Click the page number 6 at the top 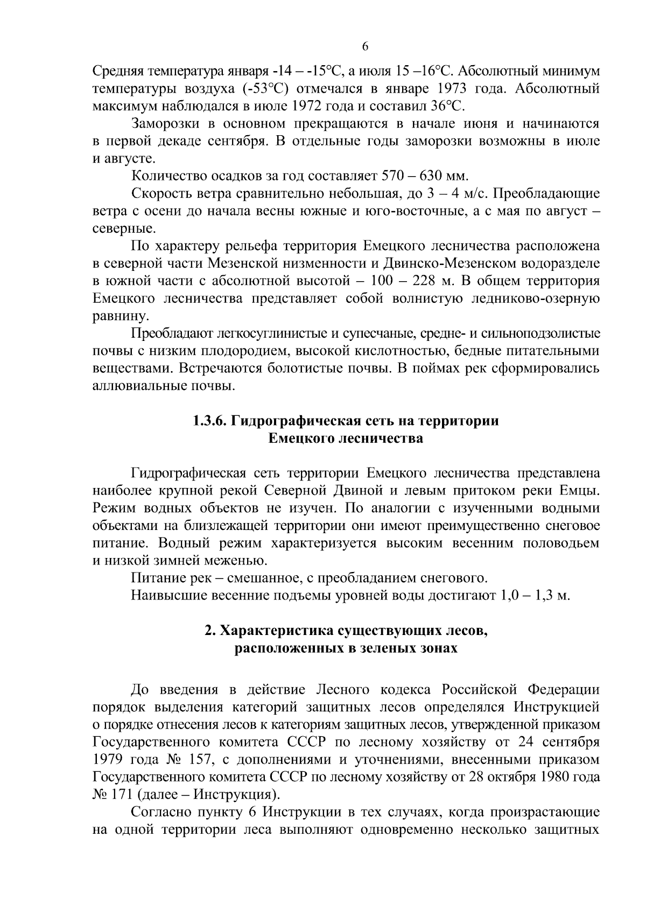click(x=364, y=47)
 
